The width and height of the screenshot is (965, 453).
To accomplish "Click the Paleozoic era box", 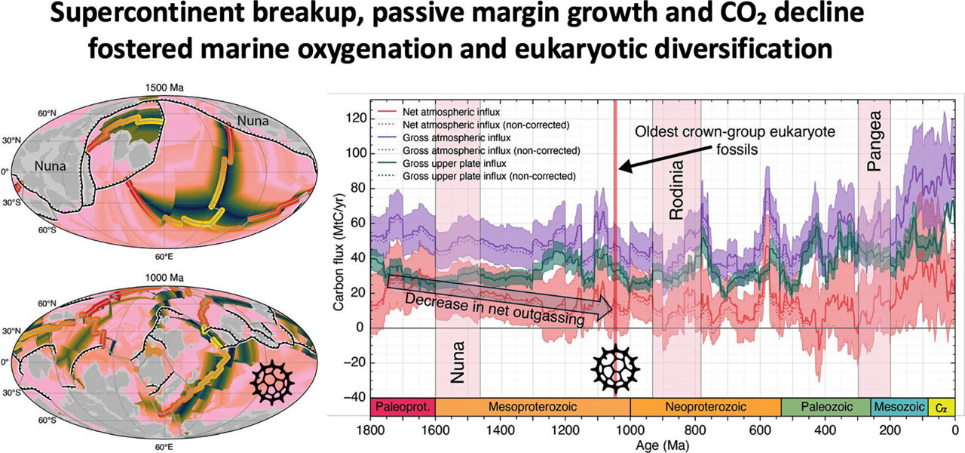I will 826,407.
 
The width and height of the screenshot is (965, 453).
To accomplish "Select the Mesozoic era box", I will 899,407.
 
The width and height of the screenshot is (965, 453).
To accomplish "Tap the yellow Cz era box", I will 942,407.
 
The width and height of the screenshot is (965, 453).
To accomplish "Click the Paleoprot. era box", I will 403,407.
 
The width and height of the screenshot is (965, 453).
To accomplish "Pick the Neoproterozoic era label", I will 705,407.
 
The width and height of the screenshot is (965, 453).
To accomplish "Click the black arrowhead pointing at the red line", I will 625,166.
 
